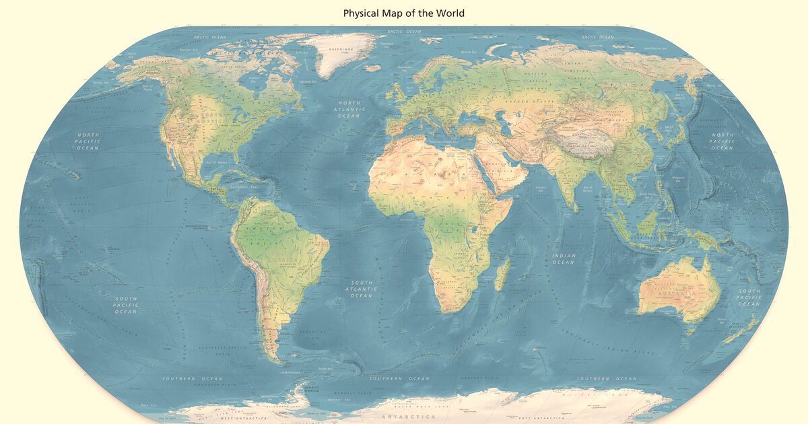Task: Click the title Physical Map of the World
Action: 404,13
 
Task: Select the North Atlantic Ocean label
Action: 350,109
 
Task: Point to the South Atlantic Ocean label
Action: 362,289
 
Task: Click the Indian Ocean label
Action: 564,258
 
